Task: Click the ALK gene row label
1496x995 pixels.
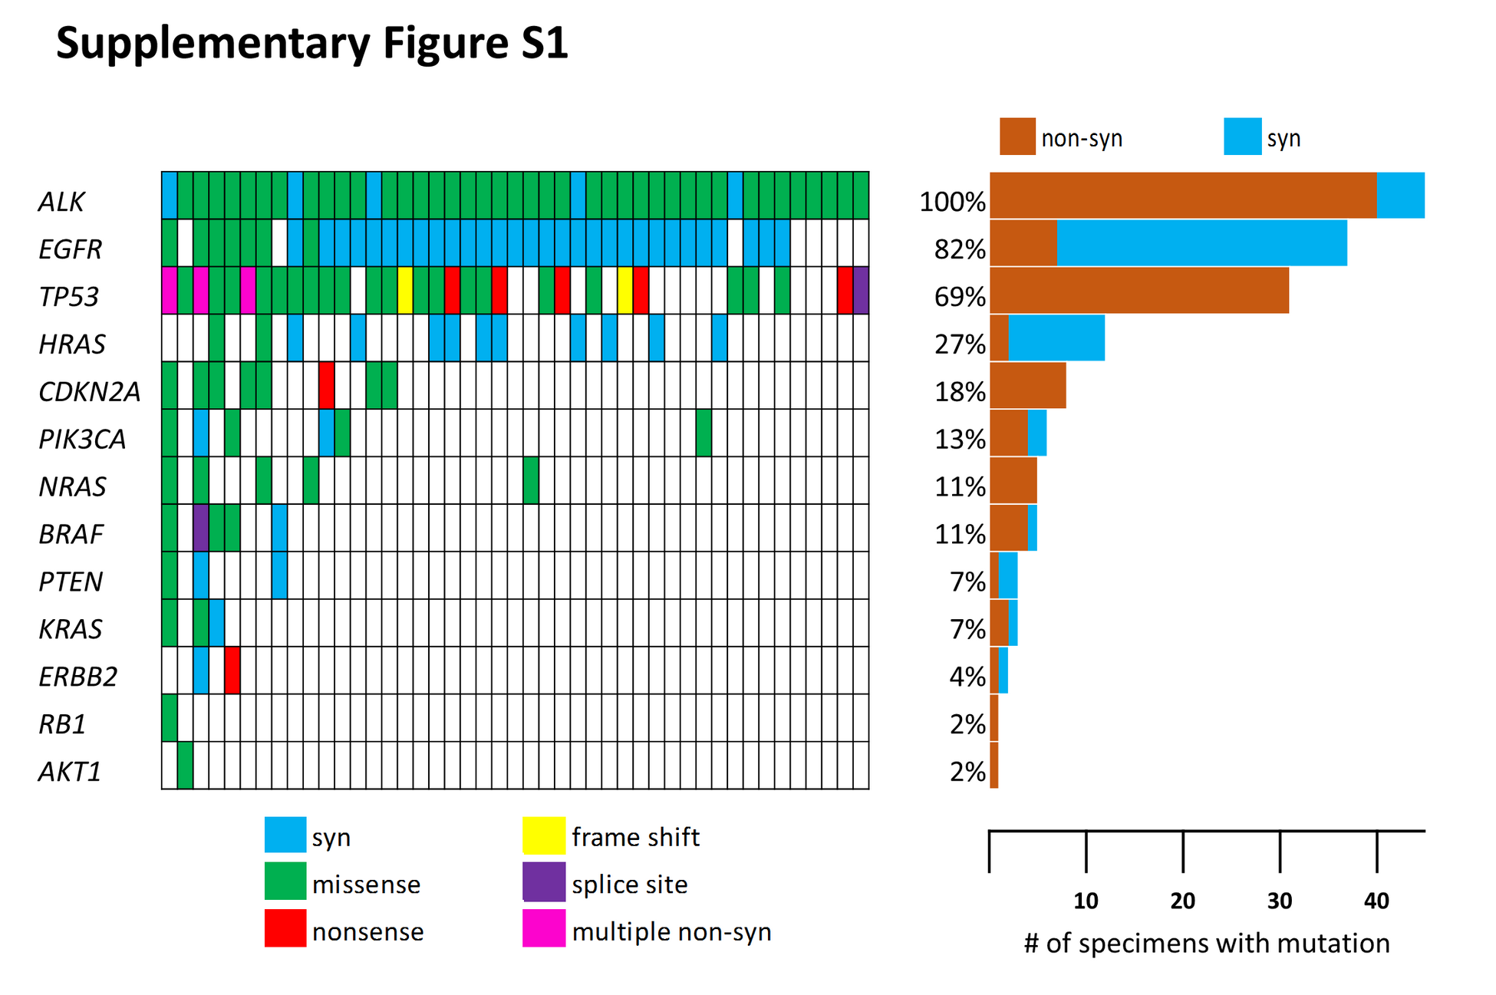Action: pyautogui.click(x=61, y=202)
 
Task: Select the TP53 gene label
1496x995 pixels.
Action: pyautogui.click(x=69, y=297)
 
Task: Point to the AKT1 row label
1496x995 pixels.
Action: pyautogui.click(x=70, y=772)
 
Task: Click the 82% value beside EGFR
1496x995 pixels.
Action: pyautogui.click(x=960, y=249)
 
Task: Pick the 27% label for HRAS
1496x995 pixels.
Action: pyautogui.click(x=960, y=344)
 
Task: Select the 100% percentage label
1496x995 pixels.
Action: pyautogui.click(x=952, y=202)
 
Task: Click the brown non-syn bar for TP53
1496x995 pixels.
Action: pyautogui.click(x=1139, y=290)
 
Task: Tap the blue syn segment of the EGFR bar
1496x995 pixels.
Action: pyautogui.click(x=1201, y=242)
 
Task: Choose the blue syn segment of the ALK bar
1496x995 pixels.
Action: pyautogui.click(x=1401, y=195)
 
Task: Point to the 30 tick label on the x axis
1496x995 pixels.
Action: pyautogui.click(x=1280, y=901)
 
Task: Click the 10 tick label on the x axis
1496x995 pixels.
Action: pyautogui.click(x=1086, y=901)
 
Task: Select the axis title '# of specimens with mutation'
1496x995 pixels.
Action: pyautogui.click(x=1207, y=943)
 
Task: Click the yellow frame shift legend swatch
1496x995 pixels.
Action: pyautogui.click(x=544, y=835)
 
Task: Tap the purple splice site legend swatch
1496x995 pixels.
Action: pyautogui.click(x=544, y=882)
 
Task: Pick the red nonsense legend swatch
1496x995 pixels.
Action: pyautogui.click(x=285, y=928)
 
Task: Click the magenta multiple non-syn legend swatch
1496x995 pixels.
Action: pyautogui.click(x=544, y=928)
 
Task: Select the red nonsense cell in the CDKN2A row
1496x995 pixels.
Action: pyautogui.click(x=327, y=385)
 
